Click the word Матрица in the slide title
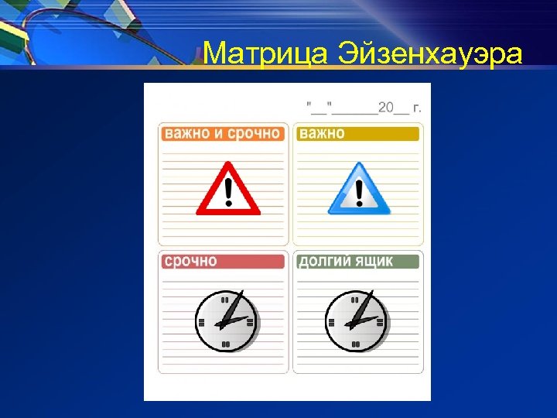coord(266,54)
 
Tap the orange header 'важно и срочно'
coord(222,134)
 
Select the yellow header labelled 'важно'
coord(358,134)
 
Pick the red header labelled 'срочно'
coord(222,262)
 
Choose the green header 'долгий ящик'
coord(358,262)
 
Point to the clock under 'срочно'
coord(225,320)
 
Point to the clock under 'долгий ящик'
coord(356,320)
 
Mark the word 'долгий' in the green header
coord(325,262)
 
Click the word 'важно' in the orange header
coord(187,134)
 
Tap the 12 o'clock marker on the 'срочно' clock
coord(225,299)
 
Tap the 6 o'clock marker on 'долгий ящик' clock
coord(356,344)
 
